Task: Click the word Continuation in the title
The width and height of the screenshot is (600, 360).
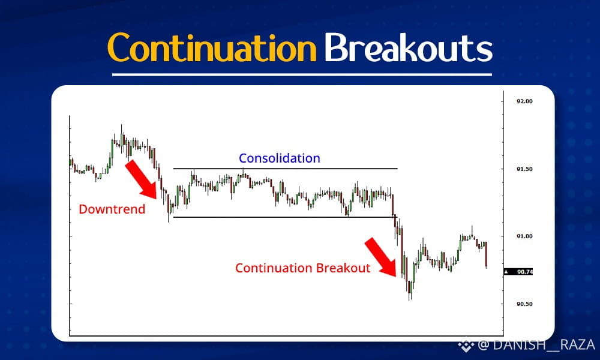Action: tap(212, 47)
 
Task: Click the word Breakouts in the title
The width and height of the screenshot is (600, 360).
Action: tap(408, 47)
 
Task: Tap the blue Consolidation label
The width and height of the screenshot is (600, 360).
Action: tap(280, 158)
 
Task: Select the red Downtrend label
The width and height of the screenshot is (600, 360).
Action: tap(112, 209)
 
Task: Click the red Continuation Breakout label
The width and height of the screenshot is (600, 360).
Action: tap(302, 268)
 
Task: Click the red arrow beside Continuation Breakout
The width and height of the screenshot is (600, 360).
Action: tap(381, 257)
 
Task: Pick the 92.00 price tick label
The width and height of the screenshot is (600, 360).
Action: tap(524, 101)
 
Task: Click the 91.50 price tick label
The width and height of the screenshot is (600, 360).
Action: tap(524, 169)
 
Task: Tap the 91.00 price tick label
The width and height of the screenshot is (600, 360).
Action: tap(524, 236)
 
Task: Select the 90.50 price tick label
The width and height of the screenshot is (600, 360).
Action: tap(524, 304)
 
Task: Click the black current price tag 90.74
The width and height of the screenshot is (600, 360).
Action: tap(518, 272)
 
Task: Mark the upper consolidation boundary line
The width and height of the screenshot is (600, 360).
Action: tap(285, 169)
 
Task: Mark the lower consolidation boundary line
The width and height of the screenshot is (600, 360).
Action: tap(285, 217)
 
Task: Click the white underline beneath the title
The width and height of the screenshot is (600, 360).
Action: tap(302, 74)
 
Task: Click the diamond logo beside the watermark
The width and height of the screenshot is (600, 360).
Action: tap(466, 344)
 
